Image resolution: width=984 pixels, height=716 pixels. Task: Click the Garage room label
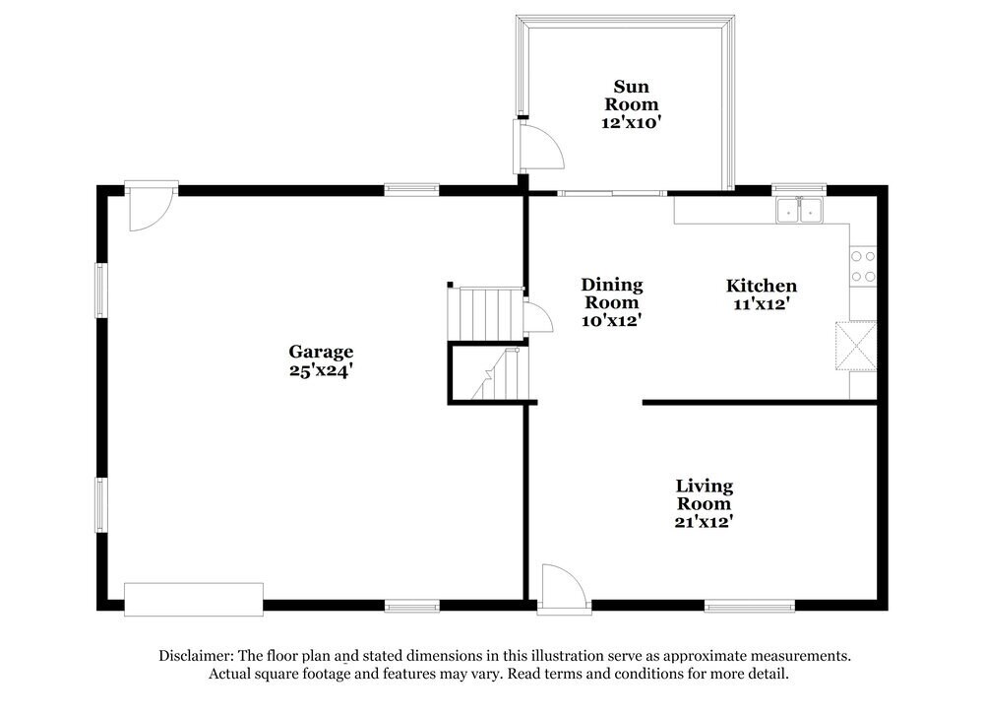pos(320,352)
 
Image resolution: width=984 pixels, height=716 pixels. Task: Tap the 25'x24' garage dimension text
pos(320,371)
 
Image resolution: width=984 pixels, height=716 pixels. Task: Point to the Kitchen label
pos(761,286)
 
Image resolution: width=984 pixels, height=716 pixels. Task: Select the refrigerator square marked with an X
pos(855,346)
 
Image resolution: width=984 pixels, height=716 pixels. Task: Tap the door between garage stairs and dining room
pos(536,317)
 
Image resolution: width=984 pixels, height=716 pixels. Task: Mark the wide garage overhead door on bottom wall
pos(194,599)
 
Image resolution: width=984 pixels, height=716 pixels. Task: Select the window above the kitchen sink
pos(798,187)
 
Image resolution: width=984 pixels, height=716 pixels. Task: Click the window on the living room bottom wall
pos(749,606)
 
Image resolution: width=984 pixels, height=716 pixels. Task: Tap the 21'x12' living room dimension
pos(704,522)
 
